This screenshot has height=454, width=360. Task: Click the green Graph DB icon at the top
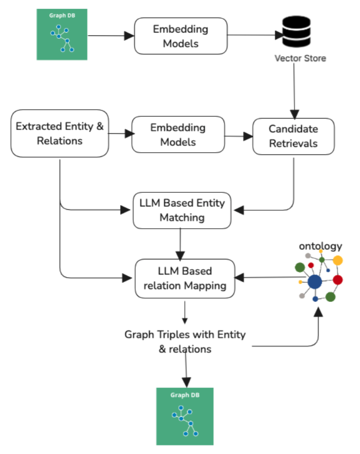coord(62,34)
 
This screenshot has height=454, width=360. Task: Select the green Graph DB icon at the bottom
coord(185,416)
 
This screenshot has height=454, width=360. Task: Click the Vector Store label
coord(300,59)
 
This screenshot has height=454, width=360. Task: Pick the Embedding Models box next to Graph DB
coord(180,36)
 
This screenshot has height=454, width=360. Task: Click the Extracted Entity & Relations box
coord(60,134)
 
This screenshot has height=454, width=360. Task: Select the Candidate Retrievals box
coord(293,136)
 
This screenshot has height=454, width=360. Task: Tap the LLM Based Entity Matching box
coord(182,211)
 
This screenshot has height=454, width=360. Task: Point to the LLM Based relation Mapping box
coord(185,278)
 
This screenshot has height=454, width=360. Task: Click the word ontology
coord(320,246)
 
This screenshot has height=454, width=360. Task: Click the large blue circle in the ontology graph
coord(315,282)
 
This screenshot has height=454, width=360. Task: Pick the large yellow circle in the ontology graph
coord(337,260)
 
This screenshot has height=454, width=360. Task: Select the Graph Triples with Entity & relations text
coord(185,342)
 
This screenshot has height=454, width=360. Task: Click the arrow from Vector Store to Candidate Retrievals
coord(294,90)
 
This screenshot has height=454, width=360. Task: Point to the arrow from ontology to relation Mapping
coord(265,278)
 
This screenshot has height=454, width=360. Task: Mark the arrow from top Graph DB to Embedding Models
coord(111,36)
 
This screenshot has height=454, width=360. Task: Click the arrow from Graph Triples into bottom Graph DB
coord(186,371)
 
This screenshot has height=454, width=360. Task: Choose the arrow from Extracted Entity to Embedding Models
coord(120,134)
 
